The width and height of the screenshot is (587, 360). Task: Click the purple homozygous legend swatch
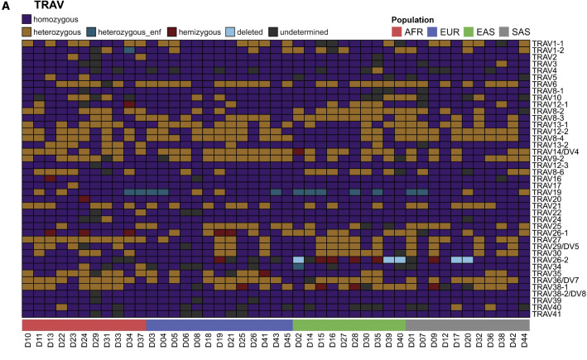27,18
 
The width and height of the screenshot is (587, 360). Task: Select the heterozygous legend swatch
27,32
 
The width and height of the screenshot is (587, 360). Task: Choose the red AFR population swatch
400,32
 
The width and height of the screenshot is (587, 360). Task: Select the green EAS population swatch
483,32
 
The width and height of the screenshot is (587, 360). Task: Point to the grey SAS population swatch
522,32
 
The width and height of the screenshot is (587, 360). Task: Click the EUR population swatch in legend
440,32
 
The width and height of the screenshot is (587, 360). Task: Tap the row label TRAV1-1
547,43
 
